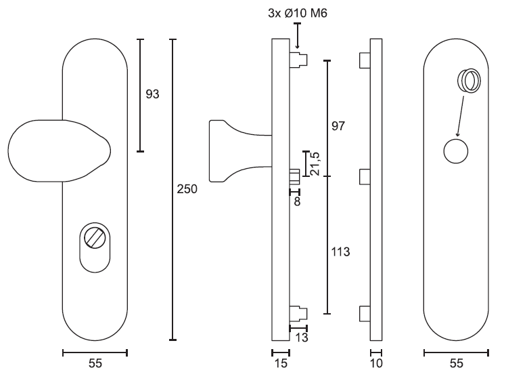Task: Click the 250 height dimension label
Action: [x=187, y=189]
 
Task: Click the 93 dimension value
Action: [x=152, y=94]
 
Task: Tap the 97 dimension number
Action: [x=338, y=126]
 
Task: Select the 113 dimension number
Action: [x=340, y=251]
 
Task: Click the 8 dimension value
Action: [x=297, y=201]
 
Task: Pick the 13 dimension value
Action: [x=302, y=338]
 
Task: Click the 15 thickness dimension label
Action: [x=281, y=363]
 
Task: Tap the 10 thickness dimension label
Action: [x=376, y=363]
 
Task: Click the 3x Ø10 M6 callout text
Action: [x=298, y=14]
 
